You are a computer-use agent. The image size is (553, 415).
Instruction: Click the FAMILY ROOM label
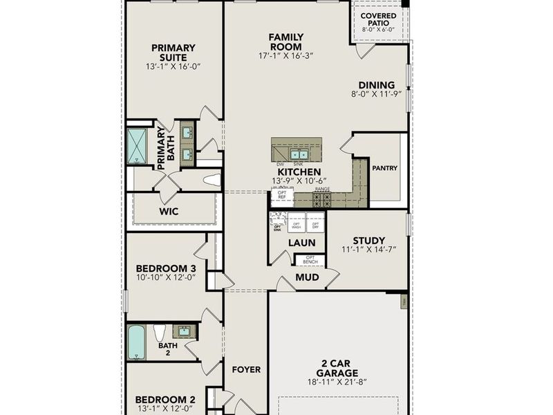[x=286, y=41]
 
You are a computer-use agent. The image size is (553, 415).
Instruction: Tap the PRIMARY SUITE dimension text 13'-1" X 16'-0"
[x=174, y=67]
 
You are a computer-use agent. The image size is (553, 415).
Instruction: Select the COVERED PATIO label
[x=379, y=19]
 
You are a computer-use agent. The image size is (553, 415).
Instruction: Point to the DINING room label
[x=377, y=85]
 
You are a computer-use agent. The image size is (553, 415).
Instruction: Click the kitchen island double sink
[x=299, y=154]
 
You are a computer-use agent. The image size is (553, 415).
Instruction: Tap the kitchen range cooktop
[x=322, y=200]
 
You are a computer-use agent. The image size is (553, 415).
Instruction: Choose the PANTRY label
[x=384, y=167]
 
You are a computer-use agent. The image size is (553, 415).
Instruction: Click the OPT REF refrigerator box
[x=282, y=195]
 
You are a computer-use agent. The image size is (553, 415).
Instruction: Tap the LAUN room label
[x=302, y=243]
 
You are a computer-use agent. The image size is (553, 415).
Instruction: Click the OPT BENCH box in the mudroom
[x=310, y=260]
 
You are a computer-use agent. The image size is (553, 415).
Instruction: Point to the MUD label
[x=307, y=277]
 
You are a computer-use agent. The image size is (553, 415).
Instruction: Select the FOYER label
[x=246, y=369]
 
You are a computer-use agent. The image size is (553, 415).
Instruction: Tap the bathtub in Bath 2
[x=136, y=342]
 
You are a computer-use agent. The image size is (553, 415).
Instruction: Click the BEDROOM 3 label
[x=166, y=268]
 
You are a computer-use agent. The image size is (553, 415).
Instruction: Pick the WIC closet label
[x=169, y=211]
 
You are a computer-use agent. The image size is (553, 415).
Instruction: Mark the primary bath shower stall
[x=136, y=146]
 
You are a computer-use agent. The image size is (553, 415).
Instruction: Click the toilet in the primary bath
[x=212, y=181]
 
